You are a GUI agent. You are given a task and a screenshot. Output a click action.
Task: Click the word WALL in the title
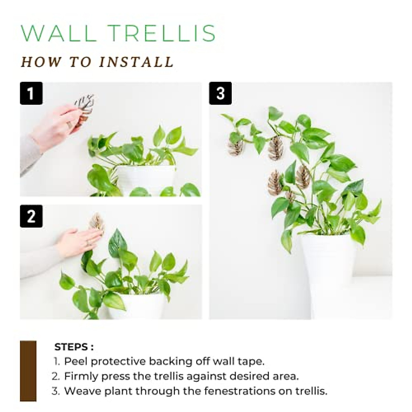[59, 33]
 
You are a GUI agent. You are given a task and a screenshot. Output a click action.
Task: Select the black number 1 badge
[31, 93]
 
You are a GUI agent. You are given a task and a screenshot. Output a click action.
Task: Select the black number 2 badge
[31, 216]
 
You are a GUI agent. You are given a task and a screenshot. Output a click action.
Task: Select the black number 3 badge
[220, 93]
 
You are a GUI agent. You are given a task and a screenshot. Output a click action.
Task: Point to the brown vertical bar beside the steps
[28, 371]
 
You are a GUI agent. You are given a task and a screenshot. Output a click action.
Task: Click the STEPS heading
[73, 347]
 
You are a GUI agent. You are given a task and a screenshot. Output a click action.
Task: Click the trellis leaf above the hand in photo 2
[96, 221]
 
